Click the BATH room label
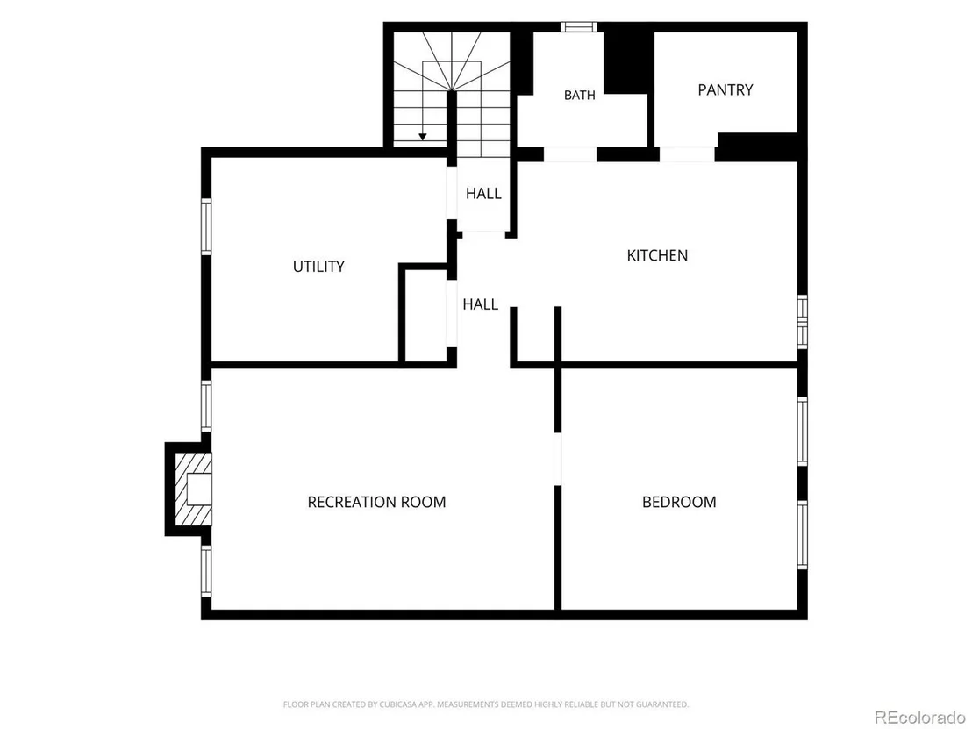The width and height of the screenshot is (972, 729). (x=580, y=95)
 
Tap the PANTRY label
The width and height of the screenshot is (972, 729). (x=725, y=89)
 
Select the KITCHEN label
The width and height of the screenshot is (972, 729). (x=657, y=255)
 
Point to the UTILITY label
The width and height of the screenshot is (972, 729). (x=318, y=267)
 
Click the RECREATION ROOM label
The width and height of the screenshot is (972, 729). (x=377, y=502)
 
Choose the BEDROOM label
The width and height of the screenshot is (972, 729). (x=679, y=502)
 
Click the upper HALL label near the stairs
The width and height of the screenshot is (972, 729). (x=483, y=193)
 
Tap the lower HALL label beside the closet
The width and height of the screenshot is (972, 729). (x=481, y=304)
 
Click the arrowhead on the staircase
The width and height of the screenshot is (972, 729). (x=422, y=136)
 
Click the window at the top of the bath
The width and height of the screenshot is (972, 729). (x=579, y=26)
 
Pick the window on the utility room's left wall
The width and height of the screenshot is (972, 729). (x=206, y=226)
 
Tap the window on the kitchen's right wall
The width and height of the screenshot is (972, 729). (x=802, y=321)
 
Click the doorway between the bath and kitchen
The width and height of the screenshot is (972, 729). (x=570, y=154)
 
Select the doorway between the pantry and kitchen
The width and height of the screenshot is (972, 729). (x=688, y=154)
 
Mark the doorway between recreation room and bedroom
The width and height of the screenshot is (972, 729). (x=557, y=459)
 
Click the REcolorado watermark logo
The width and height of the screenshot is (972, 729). (x=920, y=718)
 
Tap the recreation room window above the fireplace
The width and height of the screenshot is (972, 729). (x=206, y=406)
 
